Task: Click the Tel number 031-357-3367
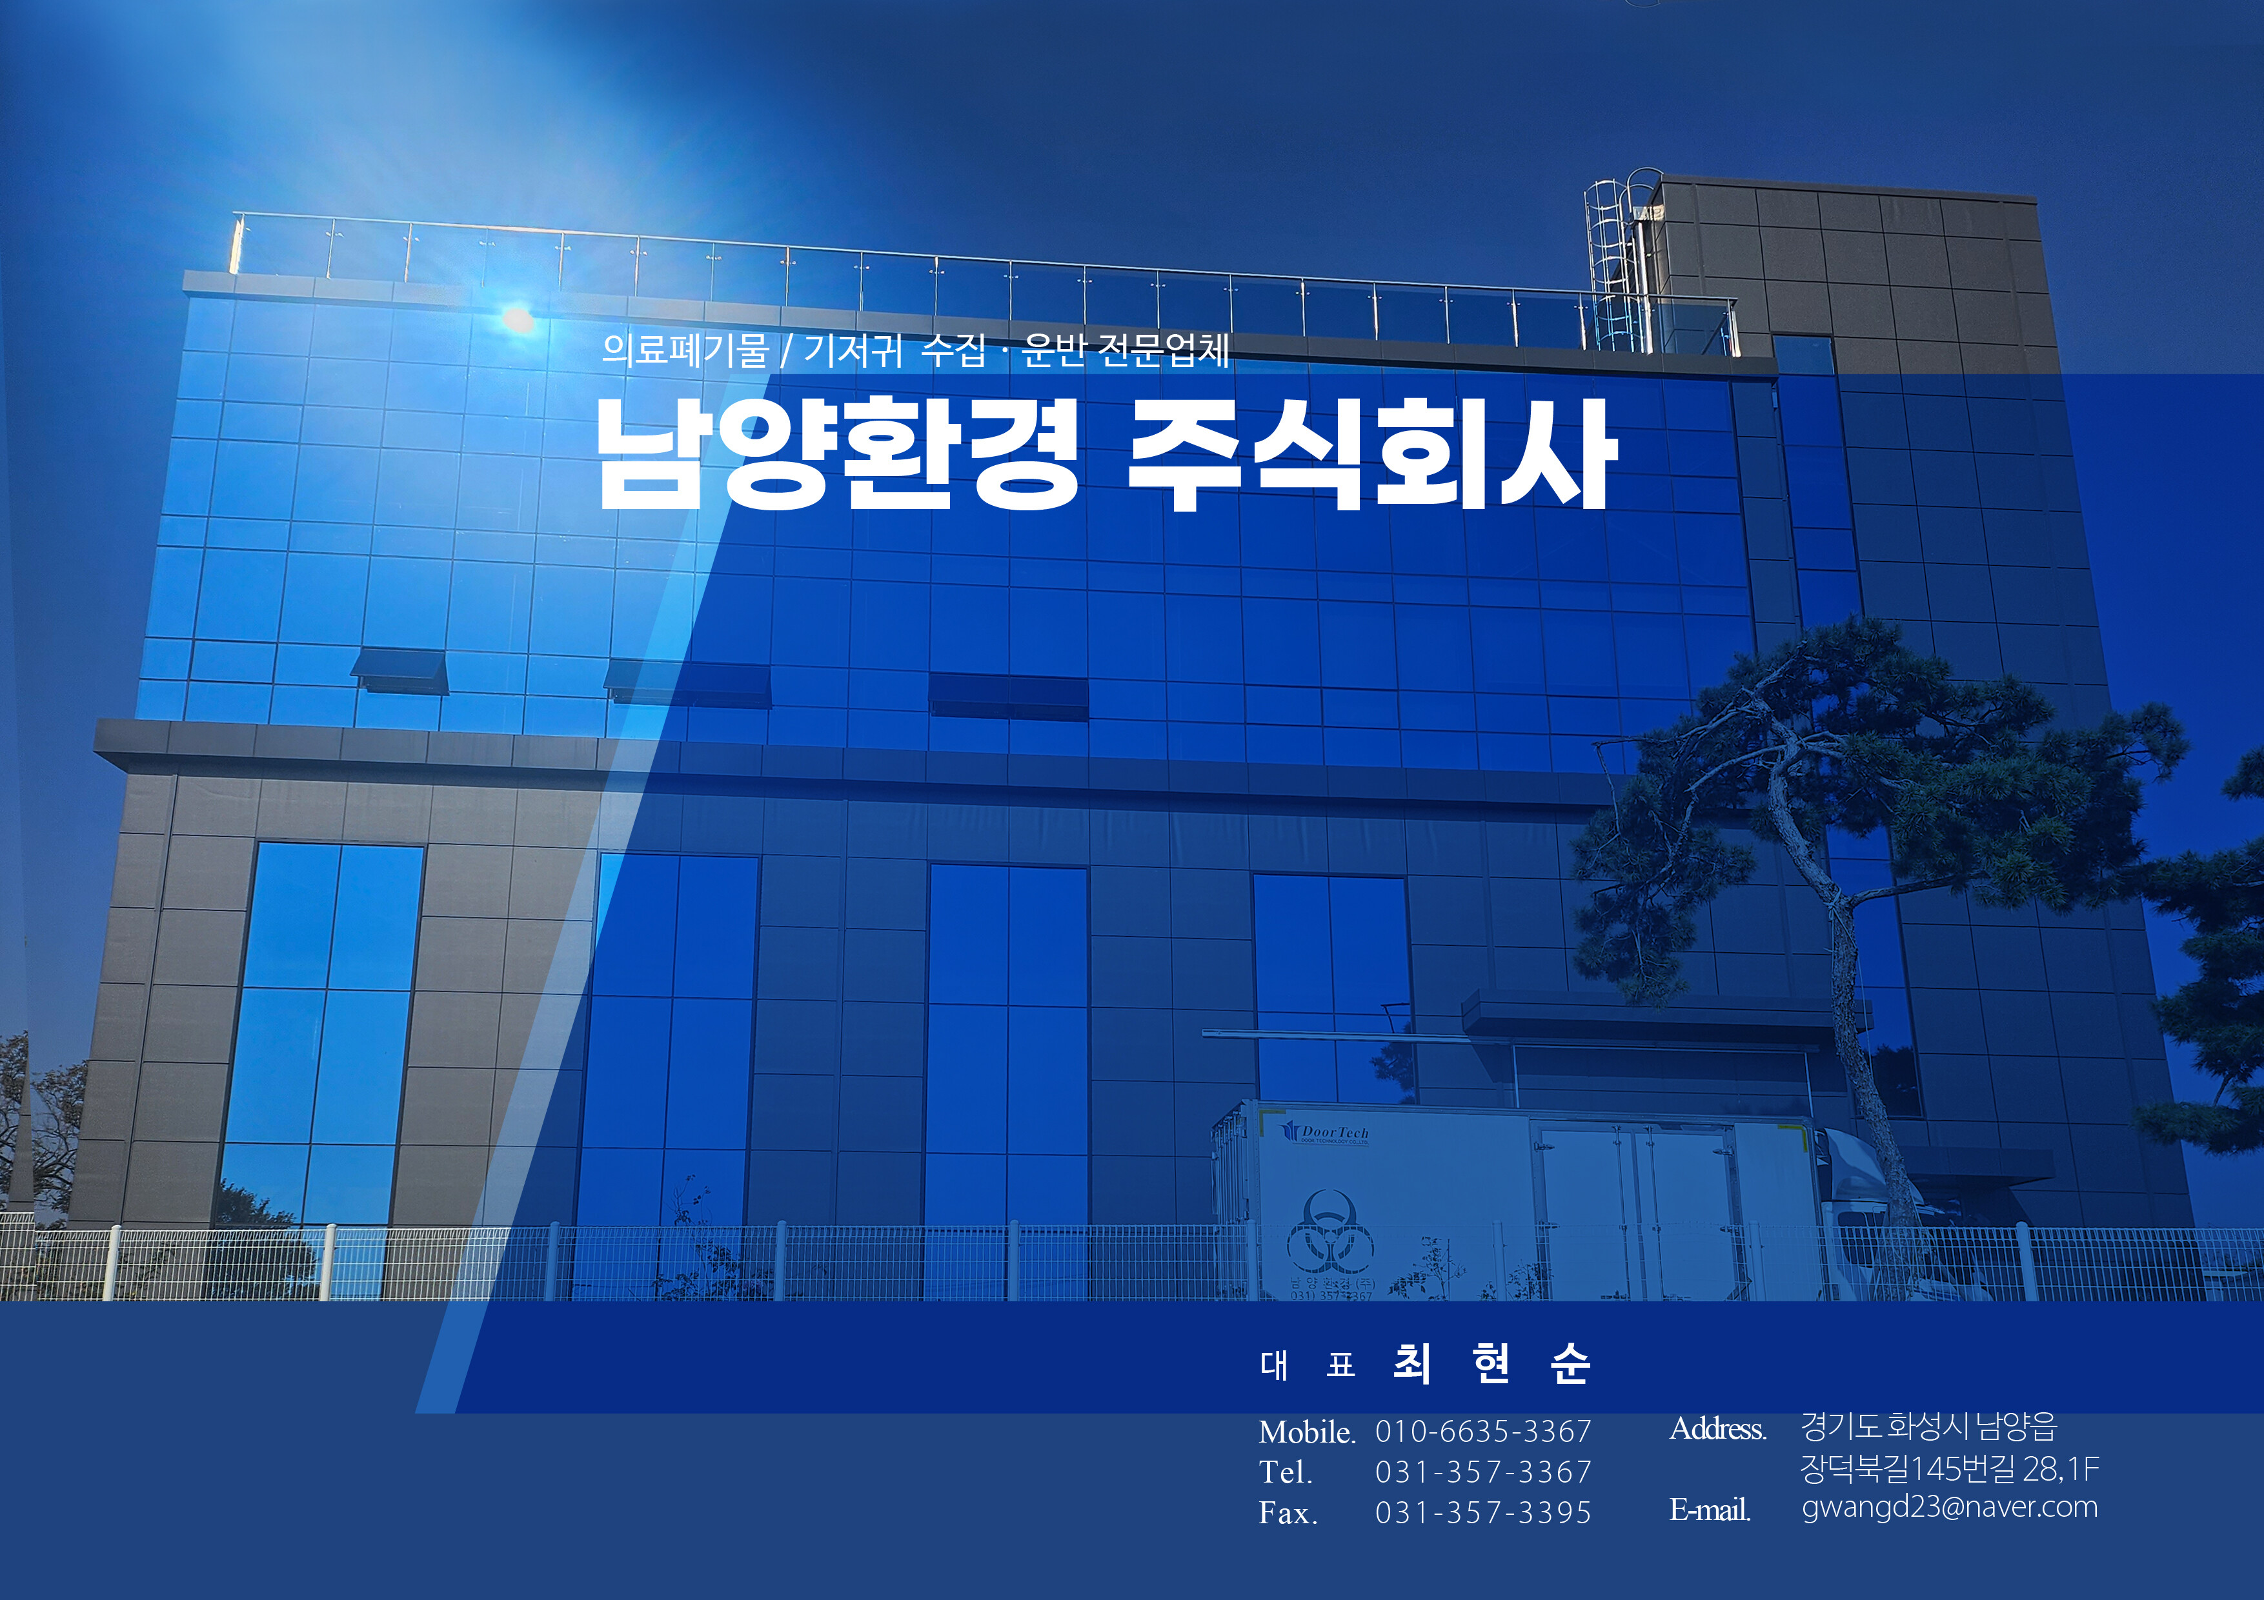[x=1483, y=1472]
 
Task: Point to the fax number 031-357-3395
[x=1483, y=1512]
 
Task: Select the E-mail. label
[x=1710, y=1509]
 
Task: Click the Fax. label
[x=1288, y=1512]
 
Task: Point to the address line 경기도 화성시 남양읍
[x=1929, y=1426]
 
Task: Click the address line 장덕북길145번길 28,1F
[x=1950, y=1469]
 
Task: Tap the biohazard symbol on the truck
[x=1329, y=1232]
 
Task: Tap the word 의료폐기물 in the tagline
[x=684, y=350]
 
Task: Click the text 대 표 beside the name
[x=1308, y=1365]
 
